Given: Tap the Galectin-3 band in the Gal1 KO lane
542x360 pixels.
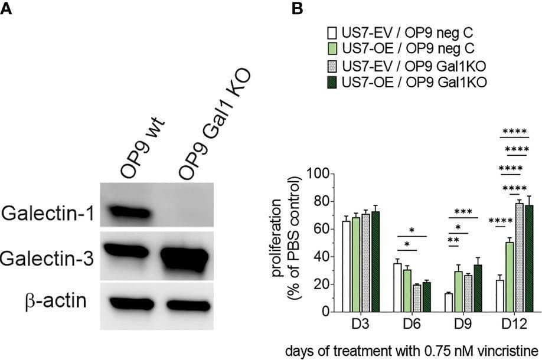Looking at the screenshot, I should pos(184,257).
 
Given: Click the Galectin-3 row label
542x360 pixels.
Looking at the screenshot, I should pos(47,258).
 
